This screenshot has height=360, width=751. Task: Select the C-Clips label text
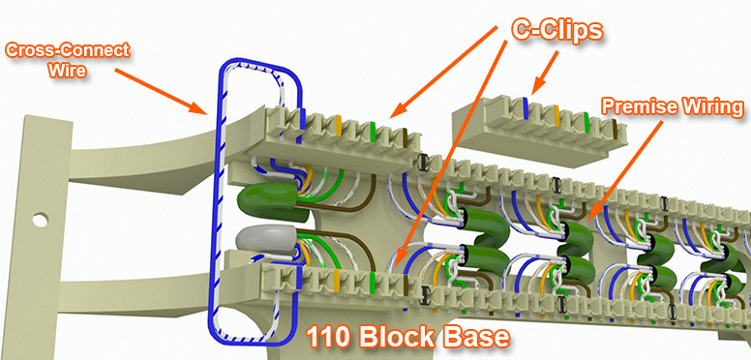point(556,29)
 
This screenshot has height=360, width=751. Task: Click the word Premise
point(632,104)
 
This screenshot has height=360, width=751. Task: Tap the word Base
point(471,338)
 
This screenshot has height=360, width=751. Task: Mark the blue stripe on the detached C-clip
point(525,107)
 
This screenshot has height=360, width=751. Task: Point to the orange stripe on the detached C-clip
point(556,115)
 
